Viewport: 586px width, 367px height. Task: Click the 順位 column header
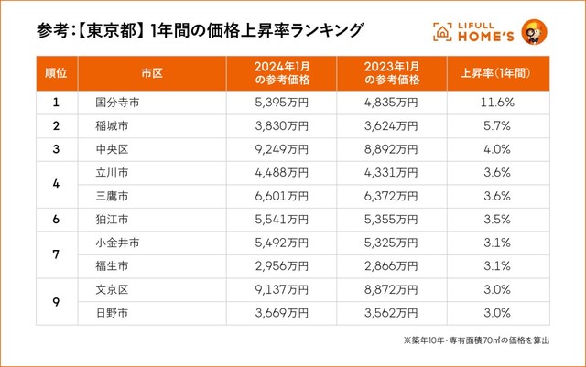coord(56,70)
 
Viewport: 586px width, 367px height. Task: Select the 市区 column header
coord(151,70)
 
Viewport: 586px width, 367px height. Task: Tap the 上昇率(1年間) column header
coord(496,70)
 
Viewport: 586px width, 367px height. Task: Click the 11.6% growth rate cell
coord(496,103)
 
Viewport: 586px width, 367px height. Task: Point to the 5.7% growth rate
coord(496,125)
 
